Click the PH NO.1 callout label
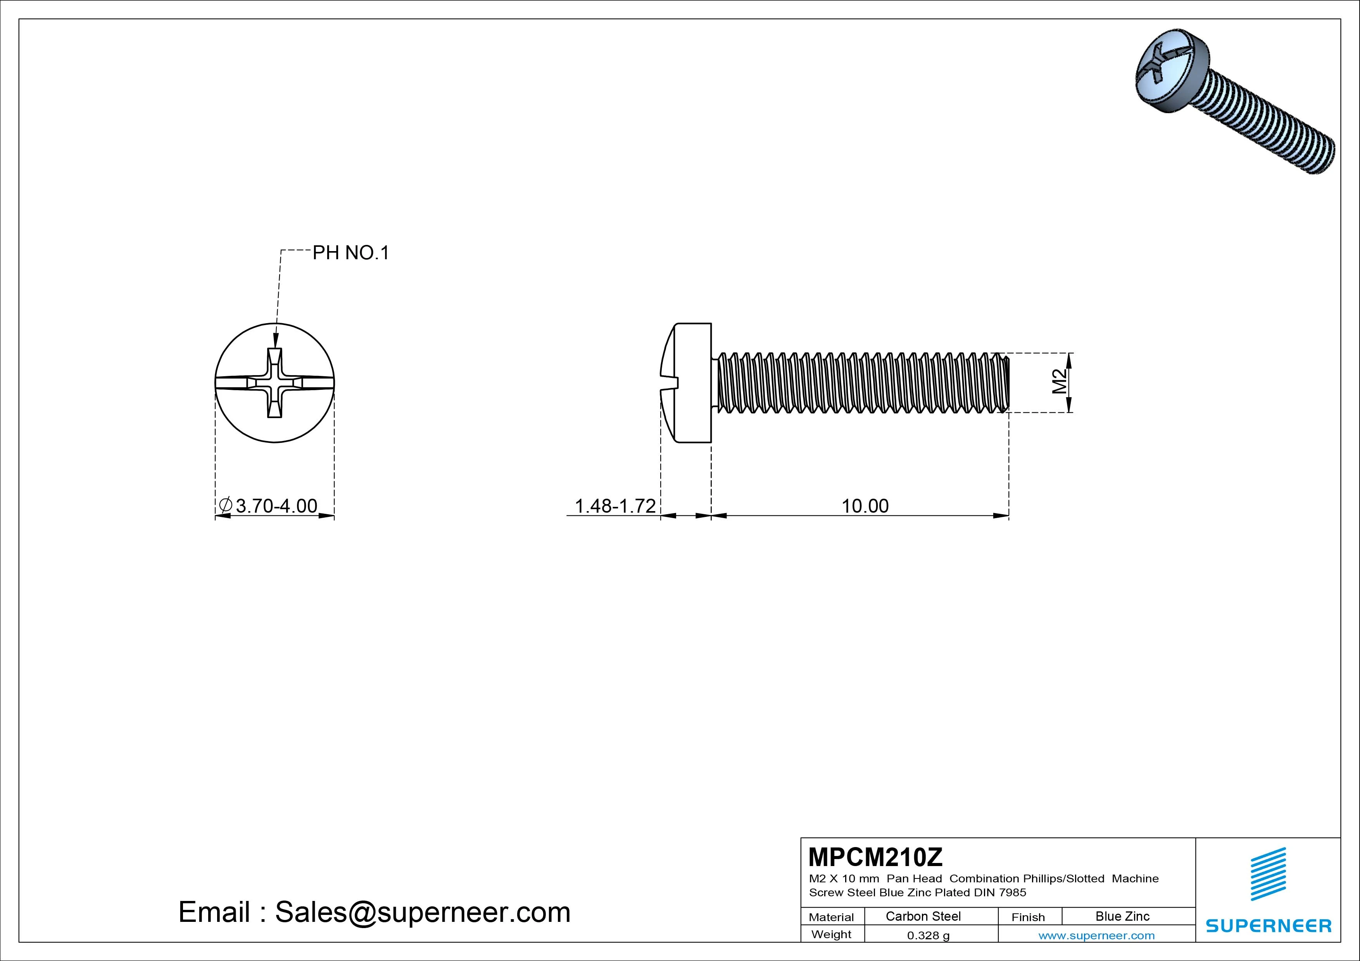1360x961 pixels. (351, 253)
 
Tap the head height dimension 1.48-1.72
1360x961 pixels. (615, 506)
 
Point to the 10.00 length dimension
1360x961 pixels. (865, 506)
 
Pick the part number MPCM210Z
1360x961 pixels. (875, 856)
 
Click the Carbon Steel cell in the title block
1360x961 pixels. (923, 916)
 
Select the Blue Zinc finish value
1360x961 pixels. (1122, 916)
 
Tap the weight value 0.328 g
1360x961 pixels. (928, 935)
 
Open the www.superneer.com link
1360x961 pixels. (1096, 935)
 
